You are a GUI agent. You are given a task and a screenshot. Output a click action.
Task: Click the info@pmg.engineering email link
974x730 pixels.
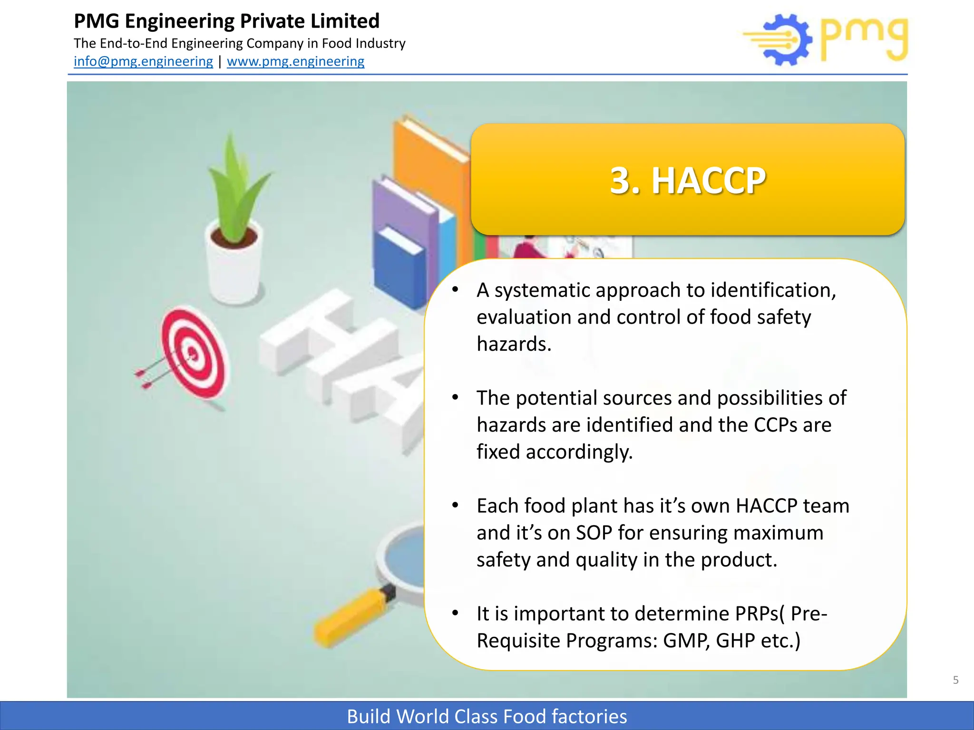click(143, 61)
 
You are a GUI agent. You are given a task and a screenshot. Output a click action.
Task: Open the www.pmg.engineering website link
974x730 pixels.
click(295, 61)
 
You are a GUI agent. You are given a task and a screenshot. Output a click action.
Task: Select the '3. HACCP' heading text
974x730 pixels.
click(687, 181)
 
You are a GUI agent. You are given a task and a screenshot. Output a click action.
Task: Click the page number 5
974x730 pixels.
click(955, 680)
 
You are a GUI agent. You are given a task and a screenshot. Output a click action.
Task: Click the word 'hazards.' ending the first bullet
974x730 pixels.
click(514, 344)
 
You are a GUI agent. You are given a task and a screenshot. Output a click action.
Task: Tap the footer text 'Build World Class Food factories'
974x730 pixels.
click(487, 716)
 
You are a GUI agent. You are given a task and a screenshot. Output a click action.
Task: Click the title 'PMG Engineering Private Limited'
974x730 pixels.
click(226, 21)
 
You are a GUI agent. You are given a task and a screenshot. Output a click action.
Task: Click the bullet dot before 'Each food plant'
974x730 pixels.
click(455, 505)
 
